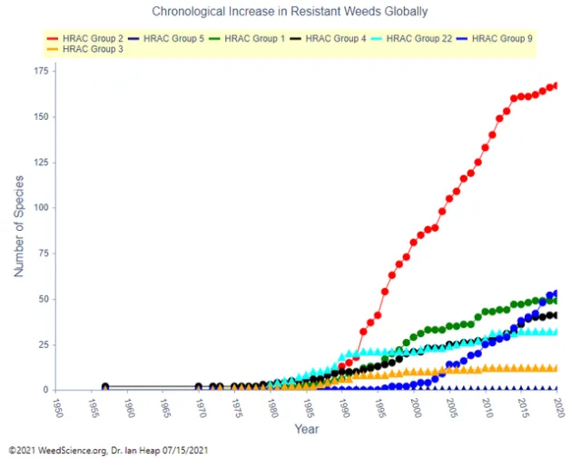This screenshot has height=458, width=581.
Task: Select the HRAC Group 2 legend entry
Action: [88, 38]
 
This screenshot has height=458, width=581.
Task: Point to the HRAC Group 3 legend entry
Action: [88, 49]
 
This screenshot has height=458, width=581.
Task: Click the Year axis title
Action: [307, 427]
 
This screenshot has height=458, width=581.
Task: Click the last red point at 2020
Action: [555, 85]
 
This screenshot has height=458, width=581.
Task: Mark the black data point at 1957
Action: [105, 387]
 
